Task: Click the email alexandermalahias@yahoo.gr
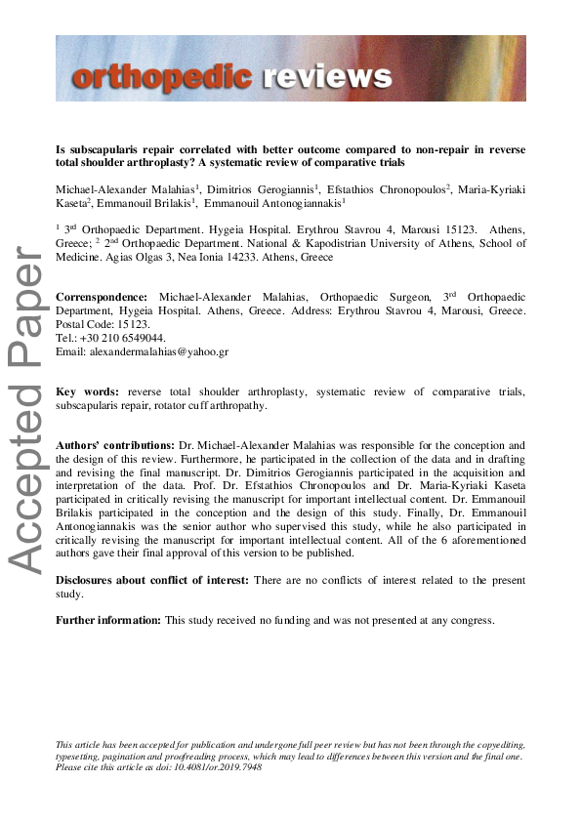[x=157, y=350]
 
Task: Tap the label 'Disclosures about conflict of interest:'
[x=153, y=580]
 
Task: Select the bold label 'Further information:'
[x=107, y=620]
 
